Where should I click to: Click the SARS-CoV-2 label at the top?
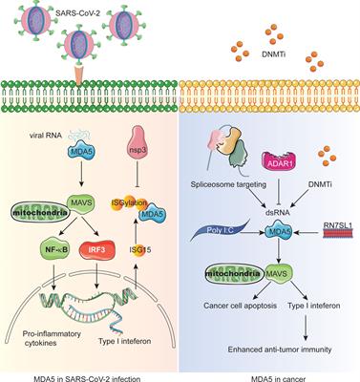(x=61, y=8)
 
